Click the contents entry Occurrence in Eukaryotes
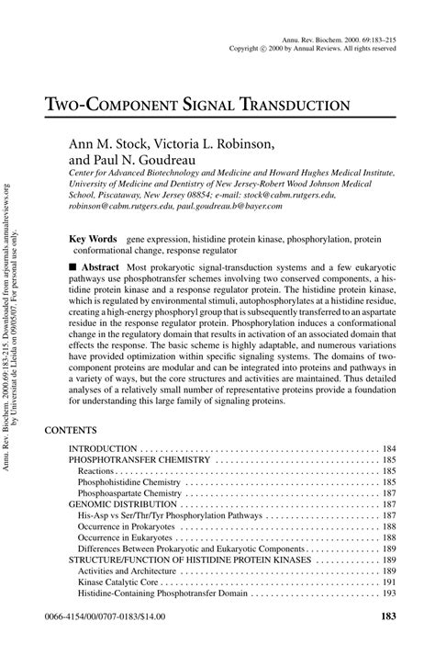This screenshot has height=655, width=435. pos(135,539)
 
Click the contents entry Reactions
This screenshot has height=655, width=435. pos(99,469)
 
